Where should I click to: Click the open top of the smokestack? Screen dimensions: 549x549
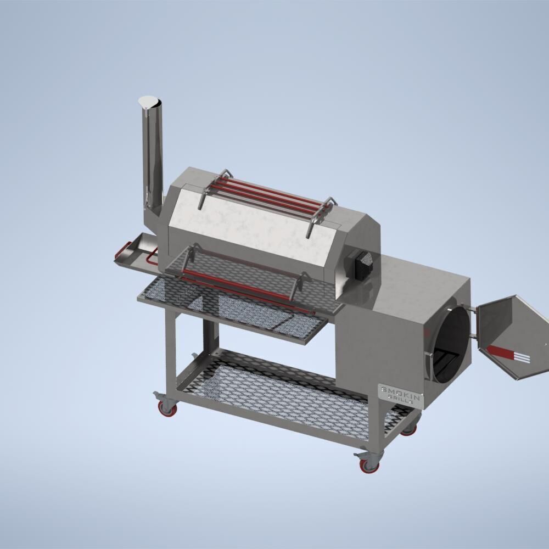pos(149,102)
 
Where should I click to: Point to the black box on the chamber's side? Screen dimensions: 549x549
pos(364,265)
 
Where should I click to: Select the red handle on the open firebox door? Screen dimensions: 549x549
pos(509,354)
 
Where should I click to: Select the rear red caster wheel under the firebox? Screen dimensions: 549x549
pos(409,429)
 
